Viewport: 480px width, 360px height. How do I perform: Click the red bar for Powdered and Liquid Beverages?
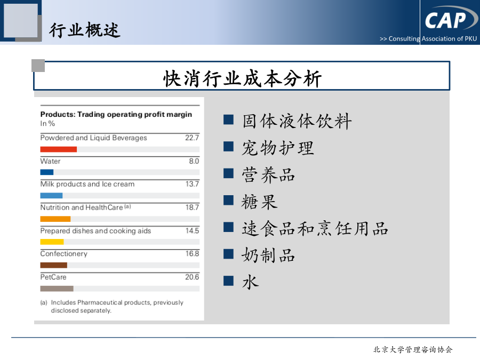[59, 149]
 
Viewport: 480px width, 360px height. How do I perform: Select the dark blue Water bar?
[47, 172]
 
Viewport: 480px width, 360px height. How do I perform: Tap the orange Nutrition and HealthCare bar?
[55, 219]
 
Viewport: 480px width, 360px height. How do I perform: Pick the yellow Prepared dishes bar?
[52, 242]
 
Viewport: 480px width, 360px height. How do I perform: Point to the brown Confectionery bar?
[53, 265]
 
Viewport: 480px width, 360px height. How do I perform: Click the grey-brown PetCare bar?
[57, 289]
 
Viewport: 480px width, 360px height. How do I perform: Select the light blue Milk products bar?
[51, 196]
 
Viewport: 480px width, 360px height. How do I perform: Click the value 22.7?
[192, 138]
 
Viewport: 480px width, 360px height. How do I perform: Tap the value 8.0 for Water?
[194, 161]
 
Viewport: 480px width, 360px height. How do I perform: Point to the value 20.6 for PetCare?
[192, 277]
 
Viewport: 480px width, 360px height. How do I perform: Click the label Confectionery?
[63, 254]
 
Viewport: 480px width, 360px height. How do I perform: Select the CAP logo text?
[445, 20]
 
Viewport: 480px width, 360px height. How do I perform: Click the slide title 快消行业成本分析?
[243, 79]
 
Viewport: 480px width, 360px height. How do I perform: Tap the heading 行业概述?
[84, 30]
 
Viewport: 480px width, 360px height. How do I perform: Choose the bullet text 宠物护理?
[278, 148]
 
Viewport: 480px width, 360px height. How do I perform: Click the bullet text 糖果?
[260, 202]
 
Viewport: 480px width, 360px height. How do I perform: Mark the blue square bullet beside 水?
[229, 281]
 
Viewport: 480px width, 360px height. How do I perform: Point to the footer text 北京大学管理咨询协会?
[413, 349]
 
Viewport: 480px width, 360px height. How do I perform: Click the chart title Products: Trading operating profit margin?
[116, 115]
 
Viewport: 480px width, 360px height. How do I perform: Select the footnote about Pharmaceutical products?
[112, 307]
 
